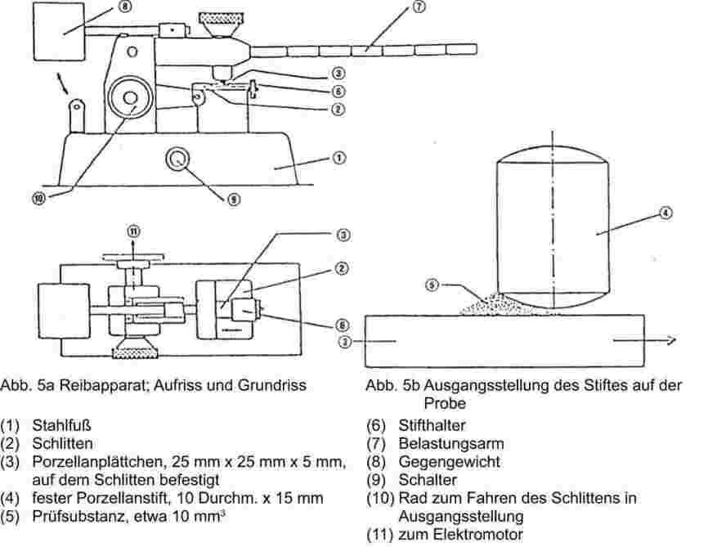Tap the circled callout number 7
pos(419,7)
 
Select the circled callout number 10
pos(39,198)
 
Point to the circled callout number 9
pos(234,199)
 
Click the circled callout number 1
pos(339,158)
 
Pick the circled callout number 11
pos(133,231)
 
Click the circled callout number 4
pos(666,213)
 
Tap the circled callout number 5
pos(432,285)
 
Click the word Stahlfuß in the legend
pos(61,425)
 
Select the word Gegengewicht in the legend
pos(450,462)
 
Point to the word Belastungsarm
pos(451,443)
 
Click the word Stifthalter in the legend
pos(432,425)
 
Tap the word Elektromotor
pos(477,535)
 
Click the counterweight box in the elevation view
pos(59,32)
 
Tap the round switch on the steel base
pos(177,159)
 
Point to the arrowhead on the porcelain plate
pos(671,340)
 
